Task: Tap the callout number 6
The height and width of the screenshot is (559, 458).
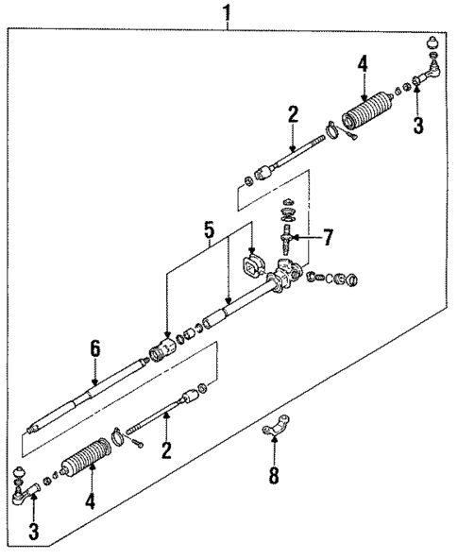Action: click(94, 349)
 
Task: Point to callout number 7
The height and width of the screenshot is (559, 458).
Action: click(328, 237)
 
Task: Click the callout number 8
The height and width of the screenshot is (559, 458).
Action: click(274, 475)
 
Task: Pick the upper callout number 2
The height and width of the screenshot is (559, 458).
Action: click(293, 115)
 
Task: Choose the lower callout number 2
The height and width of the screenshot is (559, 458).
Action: click(166, 450)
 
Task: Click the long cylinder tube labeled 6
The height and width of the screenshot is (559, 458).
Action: click(85, 393)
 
